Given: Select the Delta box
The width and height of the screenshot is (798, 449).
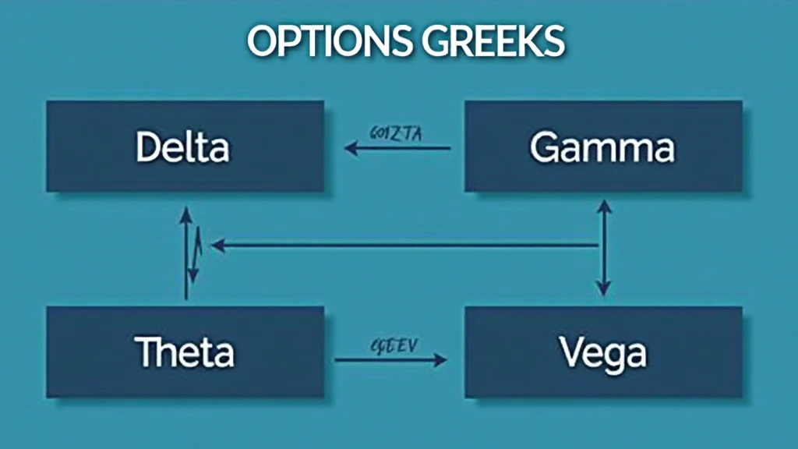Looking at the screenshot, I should pos(185,147).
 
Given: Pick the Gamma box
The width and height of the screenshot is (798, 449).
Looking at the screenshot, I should pos(603,147).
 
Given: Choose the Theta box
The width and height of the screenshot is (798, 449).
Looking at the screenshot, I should pos(185,352).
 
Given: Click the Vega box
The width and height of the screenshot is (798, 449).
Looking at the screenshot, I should pos(603,352).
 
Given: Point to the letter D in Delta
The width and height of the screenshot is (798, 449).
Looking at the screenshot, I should pos(147,147).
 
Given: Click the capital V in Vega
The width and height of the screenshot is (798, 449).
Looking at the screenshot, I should pos(570,352).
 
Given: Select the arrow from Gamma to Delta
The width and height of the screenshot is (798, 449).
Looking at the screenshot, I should pos(398,147).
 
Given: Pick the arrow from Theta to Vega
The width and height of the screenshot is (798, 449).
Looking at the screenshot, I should pos(390,359).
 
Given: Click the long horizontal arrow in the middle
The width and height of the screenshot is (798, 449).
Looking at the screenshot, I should pos(405,246).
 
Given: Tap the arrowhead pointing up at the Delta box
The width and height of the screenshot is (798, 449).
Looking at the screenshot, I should pos(185,214).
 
